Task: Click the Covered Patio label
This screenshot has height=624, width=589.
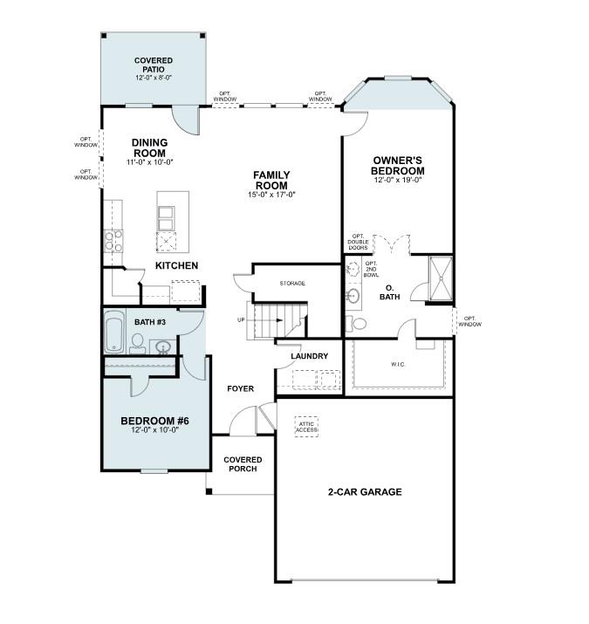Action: click(153, 65)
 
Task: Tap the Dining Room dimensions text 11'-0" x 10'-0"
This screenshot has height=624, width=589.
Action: click(149, 162)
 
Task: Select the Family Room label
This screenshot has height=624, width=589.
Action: click(271, 180)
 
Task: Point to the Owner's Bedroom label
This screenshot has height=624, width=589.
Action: click(398, 165)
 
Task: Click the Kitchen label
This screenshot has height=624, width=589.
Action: click(177, 265)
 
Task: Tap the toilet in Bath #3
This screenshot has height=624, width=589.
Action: click(137, 343)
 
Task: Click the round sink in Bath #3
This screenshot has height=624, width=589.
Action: click(162, 347)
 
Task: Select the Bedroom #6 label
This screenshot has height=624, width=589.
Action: click(154, 422)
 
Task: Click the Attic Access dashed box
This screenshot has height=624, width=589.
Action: click(307, 425)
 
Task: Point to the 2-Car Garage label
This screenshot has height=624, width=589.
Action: click(365, 492)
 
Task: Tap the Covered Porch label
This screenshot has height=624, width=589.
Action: click(243, 464)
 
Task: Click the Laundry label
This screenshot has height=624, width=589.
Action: click(309, 356)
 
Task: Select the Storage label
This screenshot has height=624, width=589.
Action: click(292, 284)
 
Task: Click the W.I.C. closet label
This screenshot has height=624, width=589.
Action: click(398, 364)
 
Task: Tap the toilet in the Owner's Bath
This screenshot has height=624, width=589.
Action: click(358, 324)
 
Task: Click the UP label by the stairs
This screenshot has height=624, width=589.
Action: click(241, 319)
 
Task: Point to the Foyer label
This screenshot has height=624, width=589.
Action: click(241, 388)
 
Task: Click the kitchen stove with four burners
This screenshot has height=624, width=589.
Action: click(113, 240)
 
